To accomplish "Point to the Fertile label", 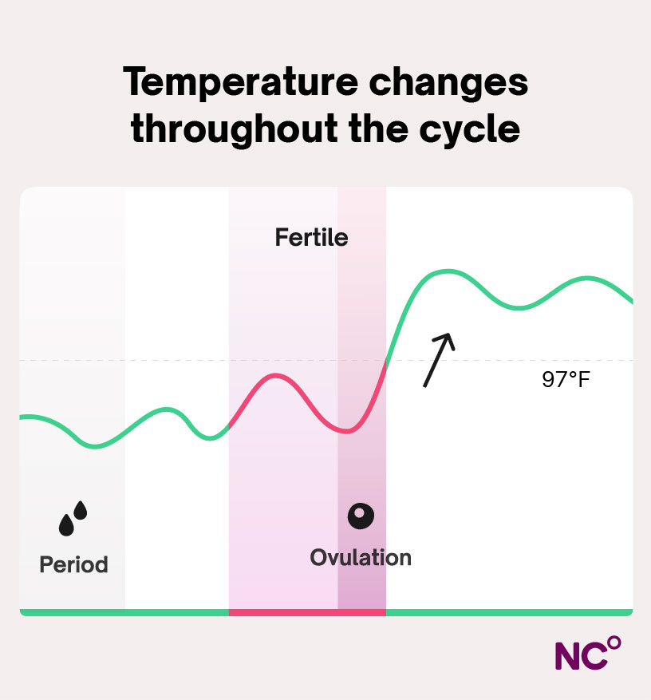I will [311, 237].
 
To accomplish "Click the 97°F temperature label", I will [566, 380].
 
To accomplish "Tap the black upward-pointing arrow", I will [438, 360].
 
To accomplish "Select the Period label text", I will [73, 564].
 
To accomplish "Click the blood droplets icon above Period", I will [73, 518].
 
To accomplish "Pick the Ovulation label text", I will [361, 556].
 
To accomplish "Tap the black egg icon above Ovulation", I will [361, 516].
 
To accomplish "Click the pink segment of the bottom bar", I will [307, 612].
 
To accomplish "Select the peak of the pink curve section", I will [275, 374].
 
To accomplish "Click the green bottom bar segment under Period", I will [72, 612].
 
